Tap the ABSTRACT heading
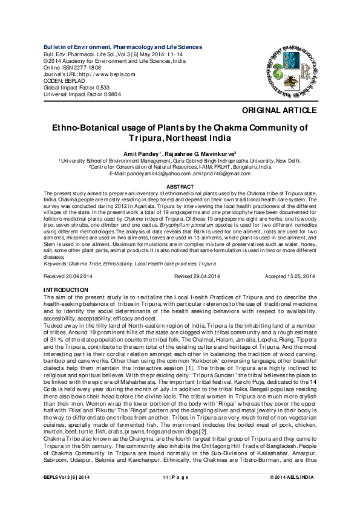point(180,187)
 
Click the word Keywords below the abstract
point(56,264)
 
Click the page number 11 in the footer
point(165,494)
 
